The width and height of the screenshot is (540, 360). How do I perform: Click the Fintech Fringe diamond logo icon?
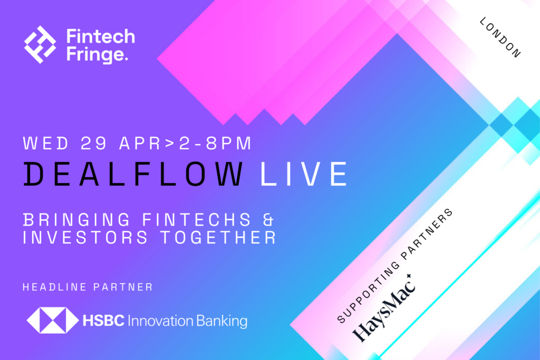tap(40, 44)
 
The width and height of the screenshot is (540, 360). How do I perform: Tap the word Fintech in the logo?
tap(101, 36)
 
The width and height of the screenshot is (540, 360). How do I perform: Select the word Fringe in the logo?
tap(97, 54)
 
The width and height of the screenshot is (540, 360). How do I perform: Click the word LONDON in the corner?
tap(500, 37)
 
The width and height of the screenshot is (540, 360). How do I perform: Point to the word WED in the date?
tap(46, 143)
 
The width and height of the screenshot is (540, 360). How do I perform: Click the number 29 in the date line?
tap(94, 143)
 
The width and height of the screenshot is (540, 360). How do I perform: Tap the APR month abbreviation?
tap(140, 143)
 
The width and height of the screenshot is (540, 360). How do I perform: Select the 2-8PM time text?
tap(216, 143)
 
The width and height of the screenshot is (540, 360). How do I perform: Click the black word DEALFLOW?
tap(133, 174)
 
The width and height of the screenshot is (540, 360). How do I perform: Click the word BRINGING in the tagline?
tap(76, 220)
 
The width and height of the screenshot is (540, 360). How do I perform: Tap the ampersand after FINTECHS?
tap(268, 220)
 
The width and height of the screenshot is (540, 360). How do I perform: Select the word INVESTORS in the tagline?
tap(85, 238)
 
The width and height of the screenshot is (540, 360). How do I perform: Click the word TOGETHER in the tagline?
tap(218, 238)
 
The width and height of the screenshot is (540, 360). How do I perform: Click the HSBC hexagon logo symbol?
tap(53, 320)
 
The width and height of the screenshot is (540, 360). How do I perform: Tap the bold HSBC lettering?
tap(103, 321)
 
